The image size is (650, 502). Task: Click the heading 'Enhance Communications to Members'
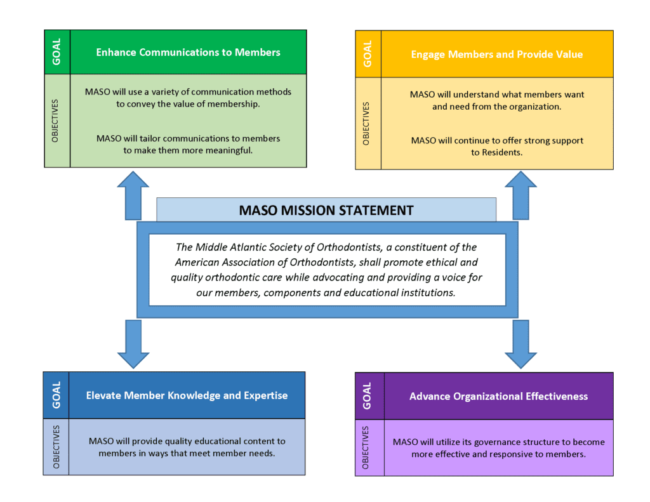coord(188,52)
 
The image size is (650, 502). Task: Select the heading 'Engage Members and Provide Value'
coord(496,54)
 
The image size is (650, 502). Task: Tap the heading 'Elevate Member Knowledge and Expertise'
coord(187,395)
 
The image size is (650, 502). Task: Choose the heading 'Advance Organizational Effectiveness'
coord(498,396)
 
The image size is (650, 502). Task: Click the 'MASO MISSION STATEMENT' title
coord(326,210)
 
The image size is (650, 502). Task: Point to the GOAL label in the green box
coord(57,52)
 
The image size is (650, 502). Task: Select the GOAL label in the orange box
coord(368,54)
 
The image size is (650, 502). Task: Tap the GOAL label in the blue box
coord(56,395)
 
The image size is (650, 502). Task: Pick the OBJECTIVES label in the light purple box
coord(366,447)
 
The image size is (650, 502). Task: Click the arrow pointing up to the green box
coord(133,195)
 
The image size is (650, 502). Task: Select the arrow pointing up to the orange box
coord(521,195)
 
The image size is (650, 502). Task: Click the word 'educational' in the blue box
coord(209,441)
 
